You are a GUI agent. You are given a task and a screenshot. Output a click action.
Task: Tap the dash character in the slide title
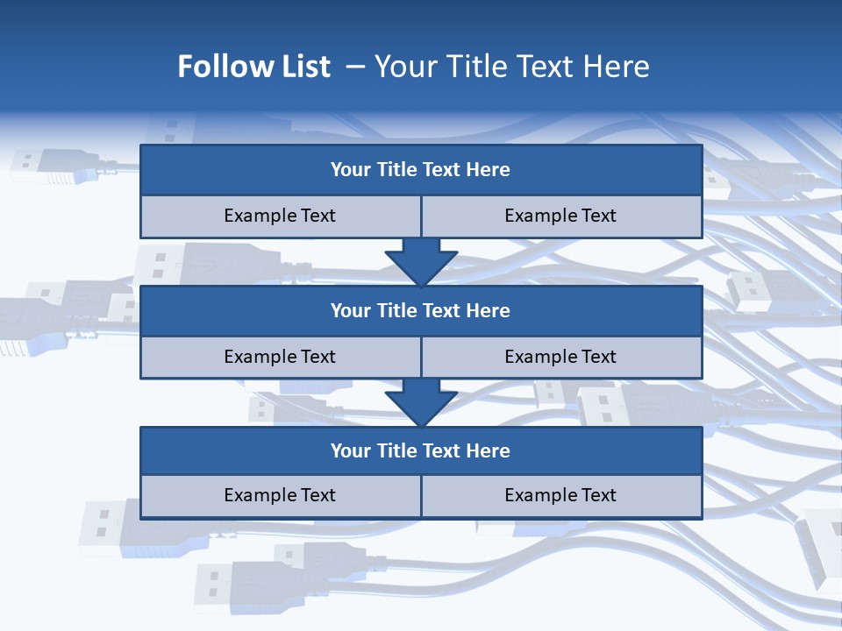[355, 67]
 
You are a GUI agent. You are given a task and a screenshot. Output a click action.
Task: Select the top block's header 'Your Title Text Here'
[420, 170]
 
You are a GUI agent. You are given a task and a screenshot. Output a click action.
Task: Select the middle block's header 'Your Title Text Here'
[420, 310]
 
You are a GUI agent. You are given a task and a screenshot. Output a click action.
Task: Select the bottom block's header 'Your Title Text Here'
[420, 450]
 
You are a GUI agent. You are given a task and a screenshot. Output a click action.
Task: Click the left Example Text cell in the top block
[280, 216]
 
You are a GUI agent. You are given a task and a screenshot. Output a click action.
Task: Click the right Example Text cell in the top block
[560, 216]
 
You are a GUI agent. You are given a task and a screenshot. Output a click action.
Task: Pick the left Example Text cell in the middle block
[280, 357]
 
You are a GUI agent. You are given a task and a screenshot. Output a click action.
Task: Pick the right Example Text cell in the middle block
[560, 357]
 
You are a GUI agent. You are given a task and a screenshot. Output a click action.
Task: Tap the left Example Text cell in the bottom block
[280, 495]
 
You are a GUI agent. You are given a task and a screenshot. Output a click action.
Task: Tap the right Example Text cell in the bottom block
[560, 495]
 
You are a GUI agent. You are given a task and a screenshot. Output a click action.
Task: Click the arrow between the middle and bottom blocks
[421, 401]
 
